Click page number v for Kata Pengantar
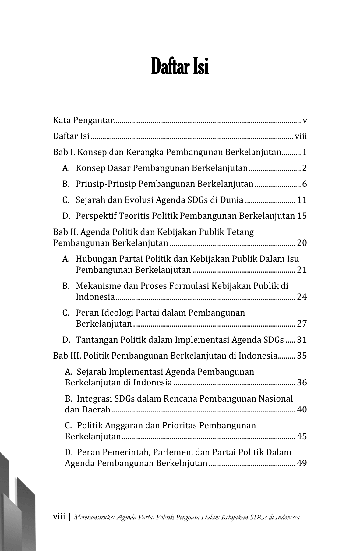[305, 121]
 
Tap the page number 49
[302, 463]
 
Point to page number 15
[302, 216]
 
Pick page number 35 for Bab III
[302, 356]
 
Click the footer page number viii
[59, 517]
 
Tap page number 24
[302, 297]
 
